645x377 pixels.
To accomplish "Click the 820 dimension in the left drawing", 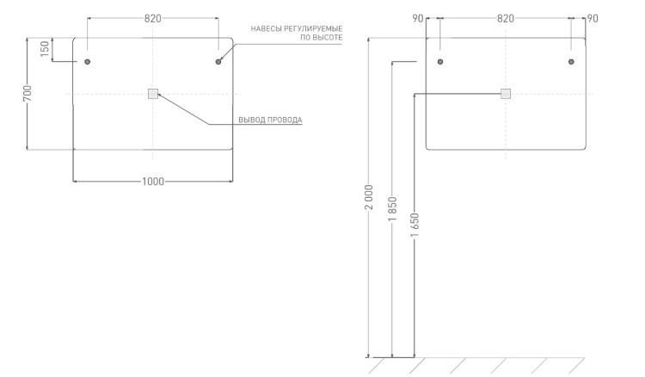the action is coord(152,19).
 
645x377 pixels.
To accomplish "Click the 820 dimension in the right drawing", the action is coord(506,19).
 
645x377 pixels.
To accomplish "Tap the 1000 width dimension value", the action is coord(153,182).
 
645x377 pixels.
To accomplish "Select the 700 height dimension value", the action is coord(28,94).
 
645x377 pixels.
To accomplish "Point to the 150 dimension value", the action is coord(45,48).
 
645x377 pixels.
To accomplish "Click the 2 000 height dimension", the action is coord(370,197).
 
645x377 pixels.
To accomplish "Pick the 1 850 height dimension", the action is coord(392,209).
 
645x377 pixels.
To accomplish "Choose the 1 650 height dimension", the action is coord(415,226).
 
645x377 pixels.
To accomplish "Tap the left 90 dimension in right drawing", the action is coord(418,19).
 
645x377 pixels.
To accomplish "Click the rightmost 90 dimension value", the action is coord(593,19).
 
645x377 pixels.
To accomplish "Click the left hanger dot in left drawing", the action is coord(87,62).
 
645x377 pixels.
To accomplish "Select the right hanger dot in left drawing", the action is coord(218,62).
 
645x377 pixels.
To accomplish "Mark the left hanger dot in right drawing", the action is coord(440,62).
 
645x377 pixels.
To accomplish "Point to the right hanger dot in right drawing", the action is coord(571,62).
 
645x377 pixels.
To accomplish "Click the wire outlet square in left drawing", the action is coord(153,94).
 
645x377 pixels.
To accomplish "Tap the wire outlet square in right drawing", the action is coord(506,94).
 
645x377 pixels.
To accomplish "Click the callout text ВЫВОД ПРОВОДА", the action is coord(270,121).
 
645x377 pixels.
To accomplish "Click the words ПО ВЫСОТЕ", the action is coord(322,38).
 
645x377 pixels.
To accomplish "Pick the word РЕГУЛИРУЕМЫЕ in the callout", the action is coord(313,28).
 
